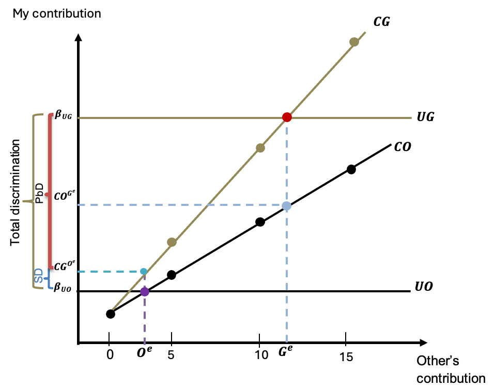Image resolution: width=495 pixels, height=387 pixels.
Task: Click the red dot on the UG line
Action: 287,117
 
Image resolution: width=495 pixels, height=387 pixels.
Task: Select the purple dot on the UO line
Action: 145,291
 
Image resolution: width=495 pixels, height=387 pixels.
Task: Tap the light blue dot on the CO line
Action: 287,206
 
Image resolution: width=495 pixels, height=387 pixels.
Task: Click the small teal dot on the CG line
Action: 144,271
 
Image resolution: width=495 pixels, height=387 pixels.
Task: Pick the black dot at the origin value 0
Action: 110,314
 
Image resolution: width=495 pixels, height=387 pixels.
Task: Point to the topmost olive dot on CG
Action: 354,42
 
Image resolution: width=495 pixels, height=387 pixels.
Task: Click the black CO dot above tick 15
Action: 351,169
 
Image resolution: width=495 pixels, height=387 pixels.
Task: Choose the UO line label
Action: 424,286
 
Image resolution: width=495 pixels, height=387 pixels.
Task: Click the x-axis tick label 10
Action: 262,355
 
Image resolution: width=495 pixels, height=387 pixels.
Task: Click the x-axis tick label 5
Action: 171,355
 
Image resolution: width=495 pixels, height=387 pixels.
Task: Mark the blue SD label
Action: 39,278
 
